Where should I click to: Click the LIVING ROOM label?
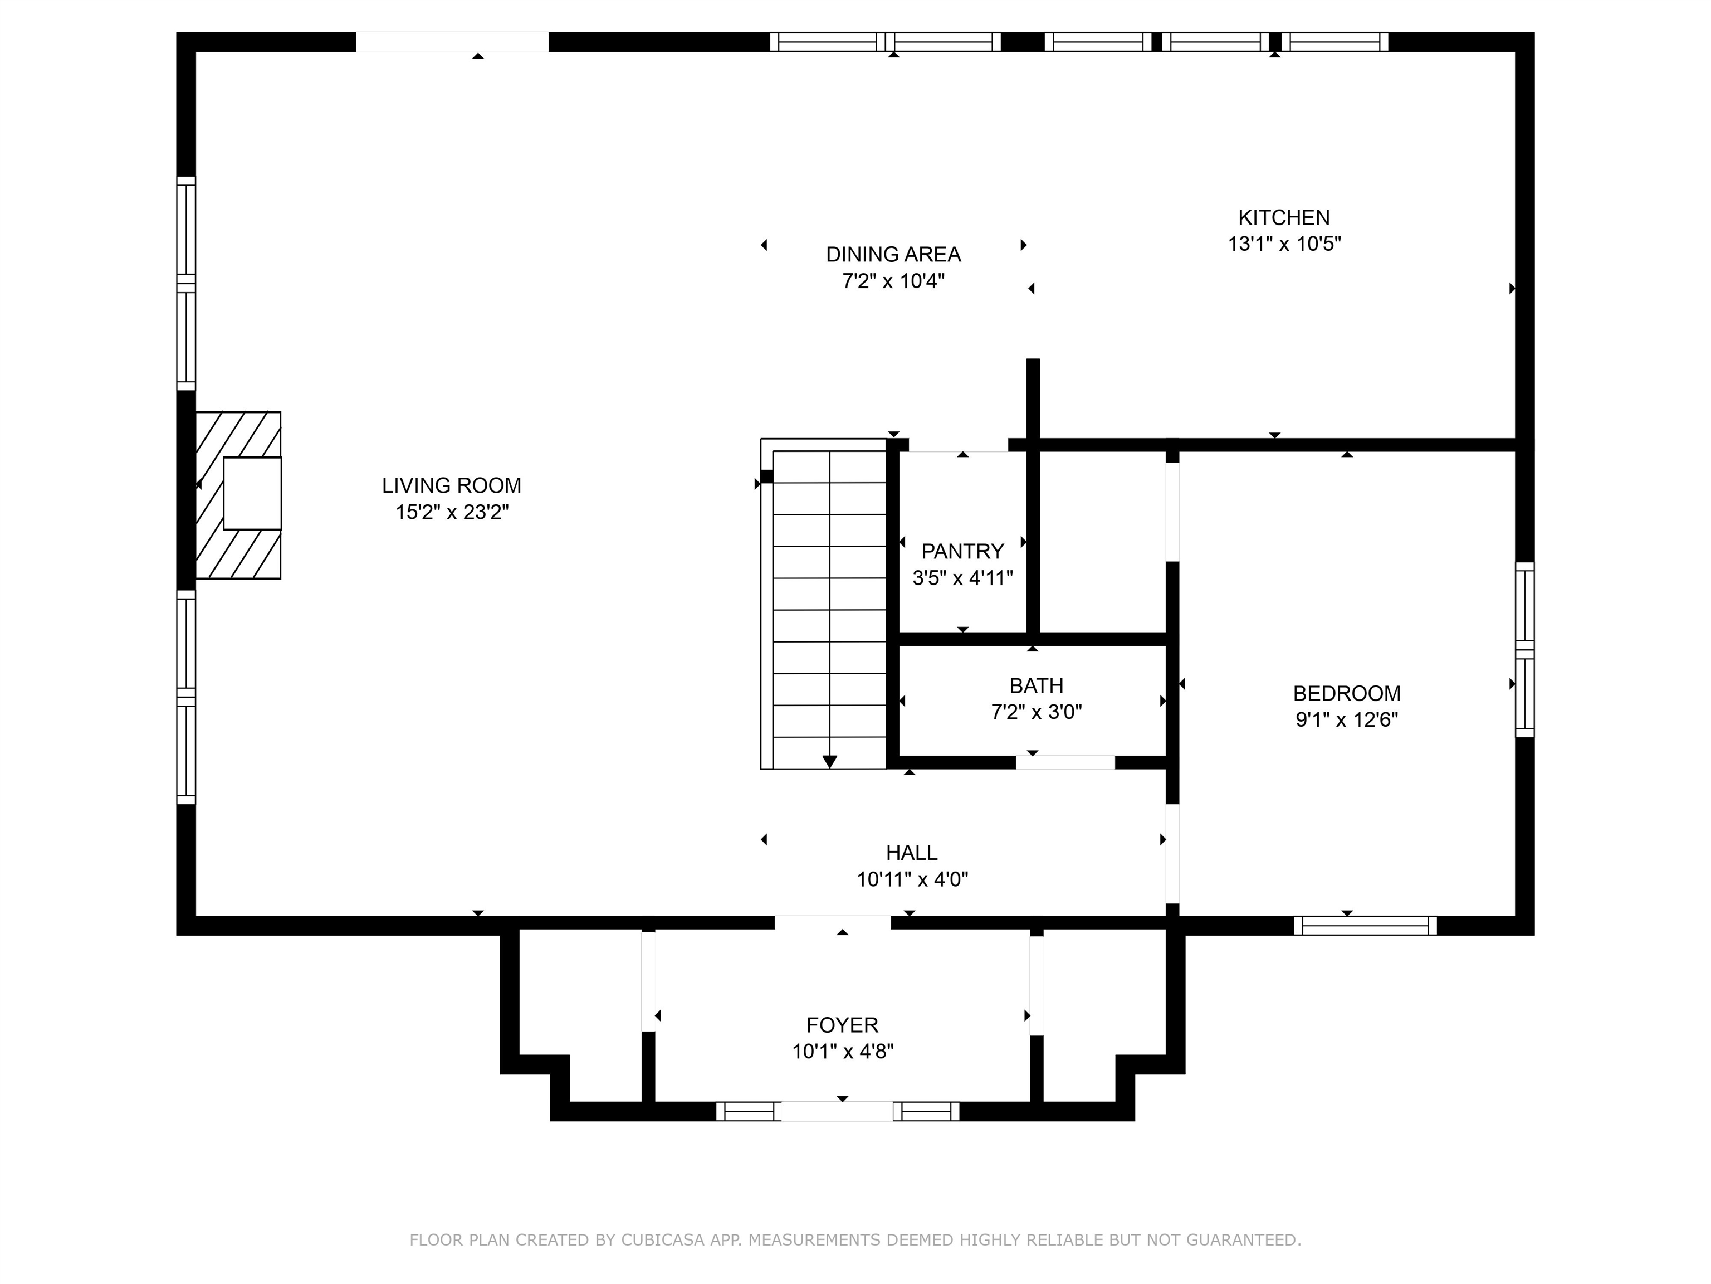[451, 485]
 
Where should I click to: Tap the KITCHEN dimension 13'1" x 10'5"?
[1283, 244]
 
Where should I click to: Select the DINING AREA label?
[893, 254]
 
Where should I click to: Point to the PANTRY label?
[962, 551]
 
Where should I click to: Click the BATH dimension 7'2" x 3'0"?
[1036, 712]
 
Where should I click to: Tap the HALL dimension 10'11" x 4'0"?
[912, 879]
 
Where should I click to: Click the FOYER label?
[842, 1025]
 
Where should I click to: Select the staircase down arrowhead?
[829, 762]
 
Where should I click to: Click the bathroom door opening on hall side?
[1064, 762]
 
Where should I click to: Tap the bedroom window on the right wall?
[1524, 649]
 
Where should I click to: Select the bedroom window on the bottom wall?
[1365, 926]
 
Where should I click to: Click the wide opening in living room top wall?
[452, 42]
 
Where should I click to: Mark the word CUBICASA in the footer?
[662, 1240]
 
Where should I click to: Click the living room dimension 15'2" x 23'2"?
[452, 512]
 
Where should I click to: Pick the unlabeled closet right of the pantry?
[1102, 542]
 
